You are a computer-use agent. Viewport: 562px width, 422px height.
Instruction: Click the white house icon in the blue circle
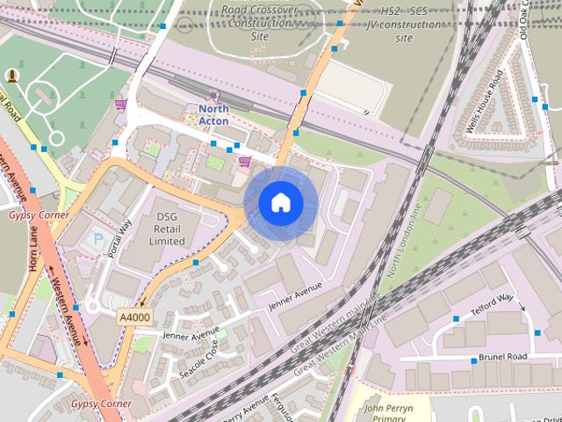tap(280, 202)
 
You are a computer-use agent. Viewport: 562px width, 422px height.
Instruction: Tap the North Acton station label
tap(207, 115)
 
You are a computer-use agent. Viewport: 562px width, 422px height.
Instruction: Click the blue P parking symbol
tap(97, 239)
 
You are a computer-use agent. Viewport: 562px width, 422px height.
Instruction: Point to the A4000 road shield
tap(133, 316)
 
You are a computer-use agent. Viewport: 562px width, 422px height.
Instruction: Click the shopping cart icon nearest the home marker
tap(246, 161)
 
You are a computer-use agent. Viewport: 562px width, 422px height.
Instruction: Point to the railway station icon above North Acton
tap(212, 95)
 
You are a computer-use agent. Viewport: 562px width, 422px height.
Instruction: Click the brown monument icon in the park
tap(11, 76)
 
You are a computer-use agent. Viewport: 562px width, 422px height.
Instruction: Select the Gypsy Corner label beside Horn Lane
tap(39, 215)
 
